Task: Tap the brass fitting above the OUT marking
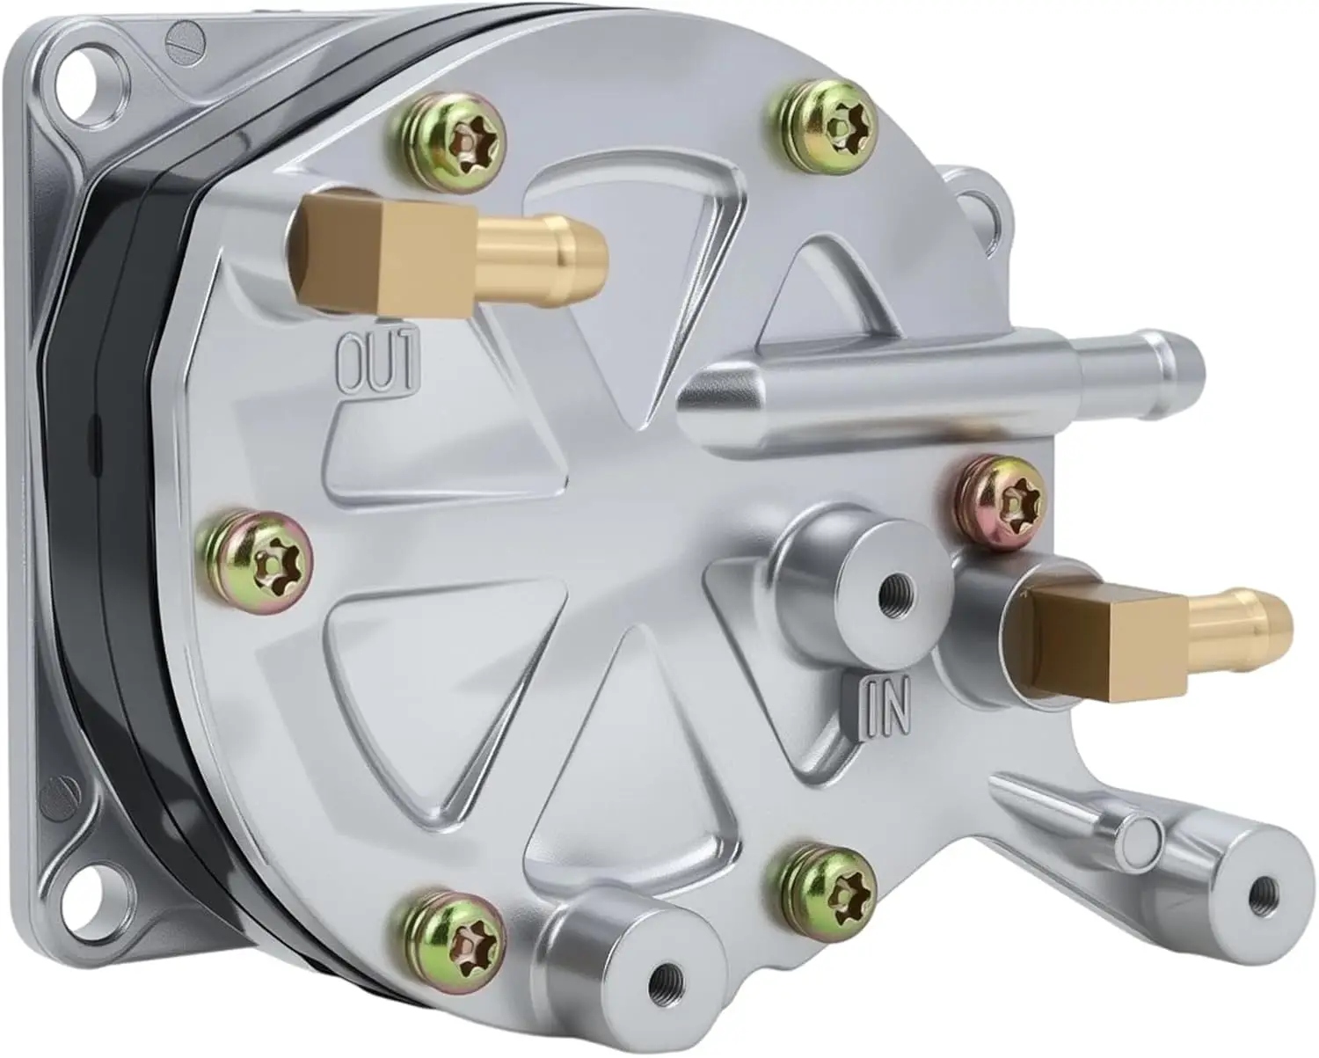[450, 258]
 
